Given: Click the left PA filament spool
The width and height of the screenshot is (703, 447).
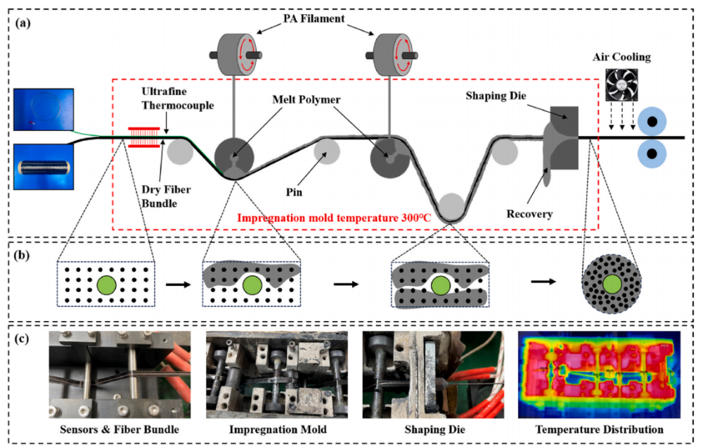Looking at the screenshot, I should tap(234, 54).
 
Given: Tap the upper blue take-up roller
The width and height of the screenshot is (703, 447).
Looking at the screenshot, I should tap(653, 121).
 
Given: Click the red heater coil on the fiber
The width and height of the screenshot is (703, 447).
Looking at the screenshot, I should tap(145, 138).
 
